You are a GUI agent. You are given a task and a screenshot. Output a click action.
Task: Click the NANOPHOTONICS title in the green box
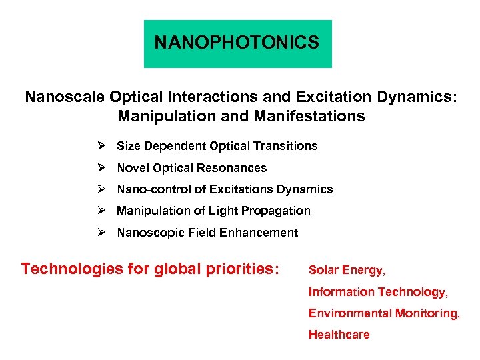tap(237, 43)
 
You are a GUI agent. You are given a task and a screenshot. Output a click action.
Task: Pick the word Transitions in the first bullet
tap(288, 145)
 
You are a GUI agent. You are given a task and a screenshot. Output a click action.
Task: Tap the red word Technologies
tap(63, 269)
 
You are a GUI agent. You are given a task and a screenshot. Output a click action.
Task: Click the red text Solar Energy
tap(347, 270)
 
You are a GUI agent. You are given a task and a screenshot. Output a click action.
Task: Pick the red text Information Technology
tap(378, 292)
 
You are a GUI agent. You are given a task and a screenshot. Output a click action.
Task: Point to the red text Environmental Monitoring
tap(384, 313)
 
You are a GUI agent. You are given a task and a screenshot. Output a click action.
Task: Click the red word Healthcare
tap(339, 335)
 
